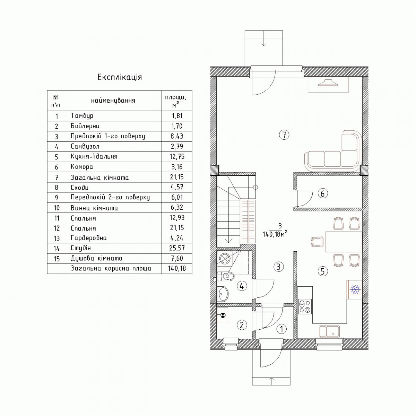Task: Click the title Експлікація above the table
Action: point(120,77)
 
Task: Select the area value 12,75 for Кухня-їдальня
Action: point(177,156)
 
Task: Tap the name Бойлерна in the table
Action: point(85,126)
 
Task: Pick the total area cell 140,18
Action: point(177,269)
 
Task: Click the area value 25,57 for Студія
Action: point(177,248)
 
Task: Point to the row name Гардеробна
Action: point(89,238)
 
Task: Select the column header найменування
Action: point(113,101)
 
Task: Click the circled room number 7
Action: point(284,135)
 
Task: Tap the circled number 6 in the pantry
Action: point(323,194)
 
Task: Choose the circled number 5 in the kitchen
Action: point(323,271)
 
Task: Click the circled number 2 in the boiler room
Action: point(242,325)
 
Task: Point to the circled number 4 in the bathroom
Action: point(242,286)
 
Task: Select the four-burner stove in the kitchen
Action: point(305,306)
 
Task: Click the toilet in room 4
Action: point(226,276)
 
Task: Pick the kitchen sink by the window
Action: point(329,331)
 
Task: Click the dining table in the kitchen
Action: point(344,242)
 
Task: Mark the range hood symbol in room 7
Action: point(328,85)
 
